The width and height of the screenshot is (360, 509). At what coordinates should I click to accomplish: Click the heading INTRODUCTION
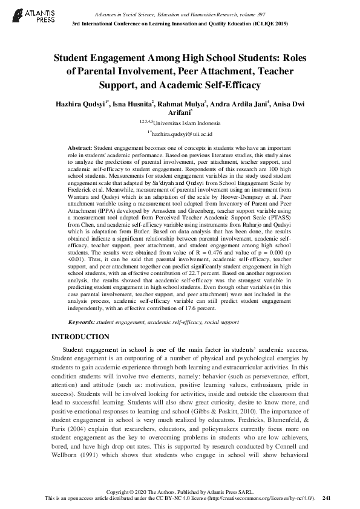(80, 337)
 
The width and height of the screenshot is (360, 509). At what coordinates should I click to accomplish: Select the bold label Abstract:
(79, 148)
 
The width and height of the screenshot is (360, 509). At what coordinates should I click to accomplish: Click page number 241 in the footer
(327, 498)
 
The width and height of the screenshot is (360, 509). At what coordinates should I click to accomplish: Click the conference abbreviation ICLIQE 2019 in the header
(269, 23)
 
